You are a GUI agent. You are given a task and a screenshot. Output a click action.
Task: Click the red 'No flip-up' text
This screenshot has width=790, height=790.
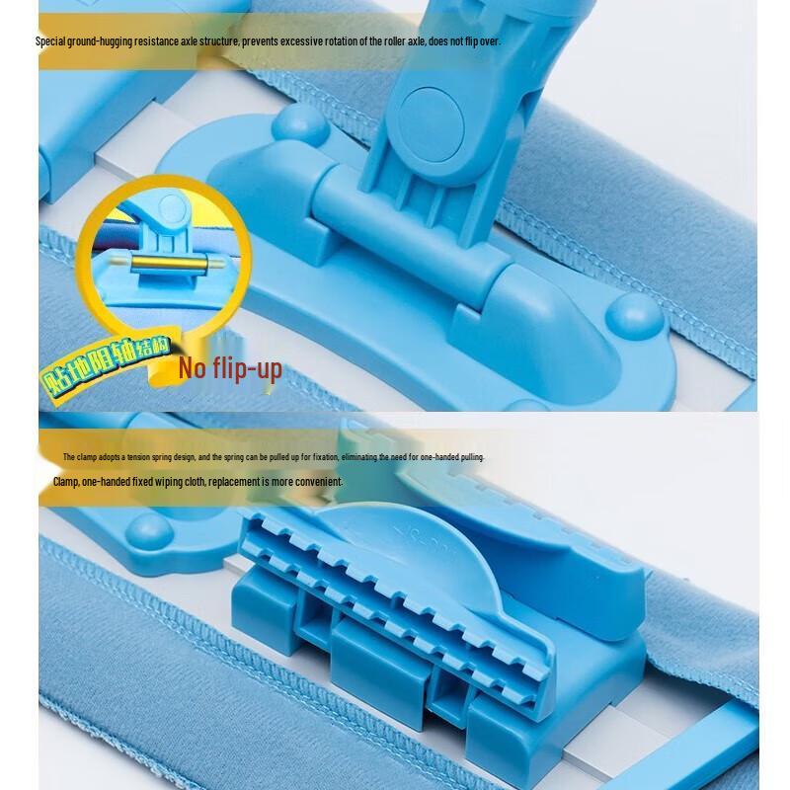(x=230, y=369)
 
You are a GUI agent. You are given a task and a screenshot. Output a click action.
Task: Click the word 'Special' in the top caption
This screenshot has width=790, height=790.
(x=51, y=41)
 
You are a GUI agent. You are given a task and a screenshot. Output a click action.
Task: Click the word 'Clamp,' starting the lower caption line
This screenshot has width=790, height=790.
(x=66, y=482)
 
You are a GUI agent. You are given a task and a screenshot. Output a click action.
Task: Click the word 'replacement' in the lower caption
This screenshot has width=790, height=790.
(x=233, y=482)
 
